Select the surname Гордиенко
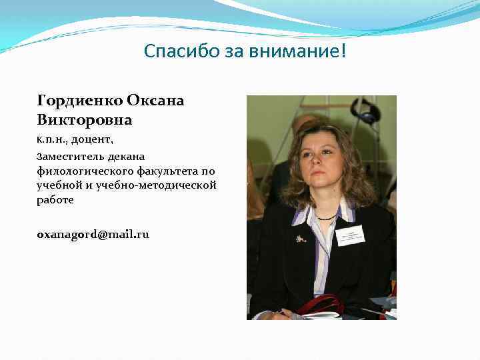79,101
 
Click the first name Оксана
155,101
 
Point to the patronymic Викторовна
85,120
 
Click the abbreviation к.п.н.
52,140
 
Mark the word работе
55,199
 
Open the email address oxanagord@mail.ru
93,234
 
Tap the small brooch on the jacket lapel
301,238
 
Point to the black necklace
326,217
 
